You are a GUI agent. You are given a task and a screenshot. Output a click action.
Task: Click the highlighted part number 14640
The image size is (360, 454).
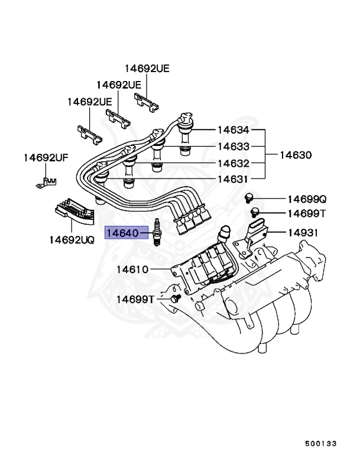122,234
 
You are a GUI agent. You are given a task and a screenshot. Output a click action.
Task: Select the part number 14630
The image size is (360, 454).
296,155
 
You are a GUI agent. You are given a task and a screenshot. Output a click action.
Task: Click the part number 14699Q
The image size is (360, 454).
307,199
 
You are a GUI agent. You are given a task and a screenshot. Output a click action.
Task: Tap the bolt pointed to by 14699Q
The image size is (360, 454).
250,197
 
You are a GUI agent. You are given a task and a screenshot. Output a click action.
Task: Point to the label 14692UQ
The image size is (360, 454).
72,241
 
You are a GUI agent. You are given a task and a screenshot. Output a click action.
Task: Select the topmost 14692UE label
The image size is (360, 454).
147,69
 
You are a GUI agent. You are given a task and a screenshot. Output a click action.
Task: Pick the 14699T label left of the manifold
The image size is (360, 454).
135,300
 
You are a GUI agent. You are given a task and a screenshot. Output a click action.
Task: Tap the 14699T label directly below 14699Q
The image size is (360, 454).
307,213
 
